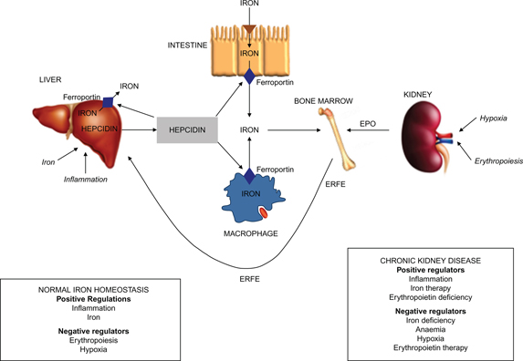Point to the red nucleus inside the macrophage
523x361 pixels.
[263, 212]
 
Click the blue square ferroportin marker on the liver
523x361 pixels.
[109, 102]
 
